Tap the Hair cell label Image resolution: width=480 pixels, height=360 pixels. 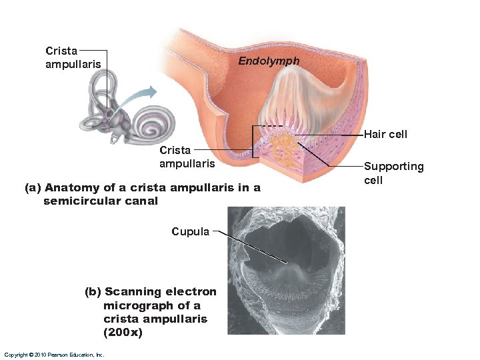pyautogui.click(x=385, y=134)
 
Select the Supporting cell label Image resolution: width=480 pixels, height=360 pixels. pyautogui.click(x=393, y=173)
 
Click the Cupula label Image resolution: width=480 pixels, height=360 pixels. pyautogui.click(x=190, y=232)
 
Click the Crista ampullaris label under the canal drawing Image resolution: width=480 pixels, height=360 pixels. pyautogui.click(x=187, y=157)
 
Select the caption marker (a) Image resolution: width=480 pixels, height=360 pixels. pyautogui.click(x=33, y=188)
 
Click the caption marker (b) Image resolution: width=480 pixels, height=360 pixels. pyautogui.click(x=93, y=291)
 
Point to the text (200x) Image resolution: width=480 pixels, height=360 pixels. pyautogui.click(x=123, y=332)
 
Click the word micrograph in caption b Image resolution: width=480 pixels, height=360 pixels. pyautogui.click(x=132, y=305)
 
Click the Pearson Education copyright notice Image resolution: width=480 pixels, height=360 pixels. pyautogui.click(x=53, y=355)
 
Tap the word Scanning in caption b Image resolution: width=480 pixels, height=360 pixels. pyautogui.click(x=133, y=291)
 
